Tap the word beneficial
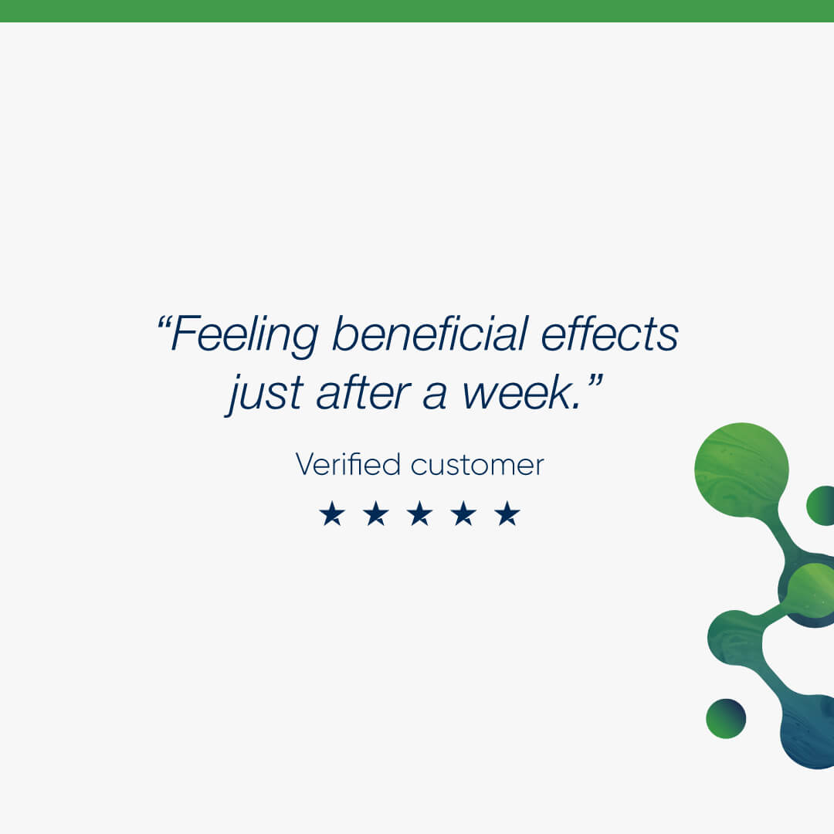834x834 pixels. [x=430, y=334]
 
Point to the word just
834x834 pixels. [x=265, y=394]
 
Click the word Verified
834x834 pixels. [x=347, y=464]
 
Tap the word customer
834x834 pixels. [x=477, y=466]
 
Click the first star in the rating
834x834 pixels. [x=332, y=514]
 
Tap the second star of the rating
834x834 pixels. [x=376, y=514]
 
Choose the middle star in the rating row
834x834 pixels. [x=419, y=514]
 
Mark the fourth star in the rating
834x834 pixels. [x=463, y=514]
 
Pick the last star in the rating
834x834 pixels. [x=507, y=514]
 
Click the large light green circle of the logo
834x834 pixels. [x=741, y=470]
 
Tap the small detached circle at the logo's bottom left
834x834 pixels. [x=726, y=719]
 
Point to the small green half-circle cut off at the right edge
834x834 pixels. [x=821, y=505]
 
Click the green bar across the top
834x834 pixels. [x=417, y=11]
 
